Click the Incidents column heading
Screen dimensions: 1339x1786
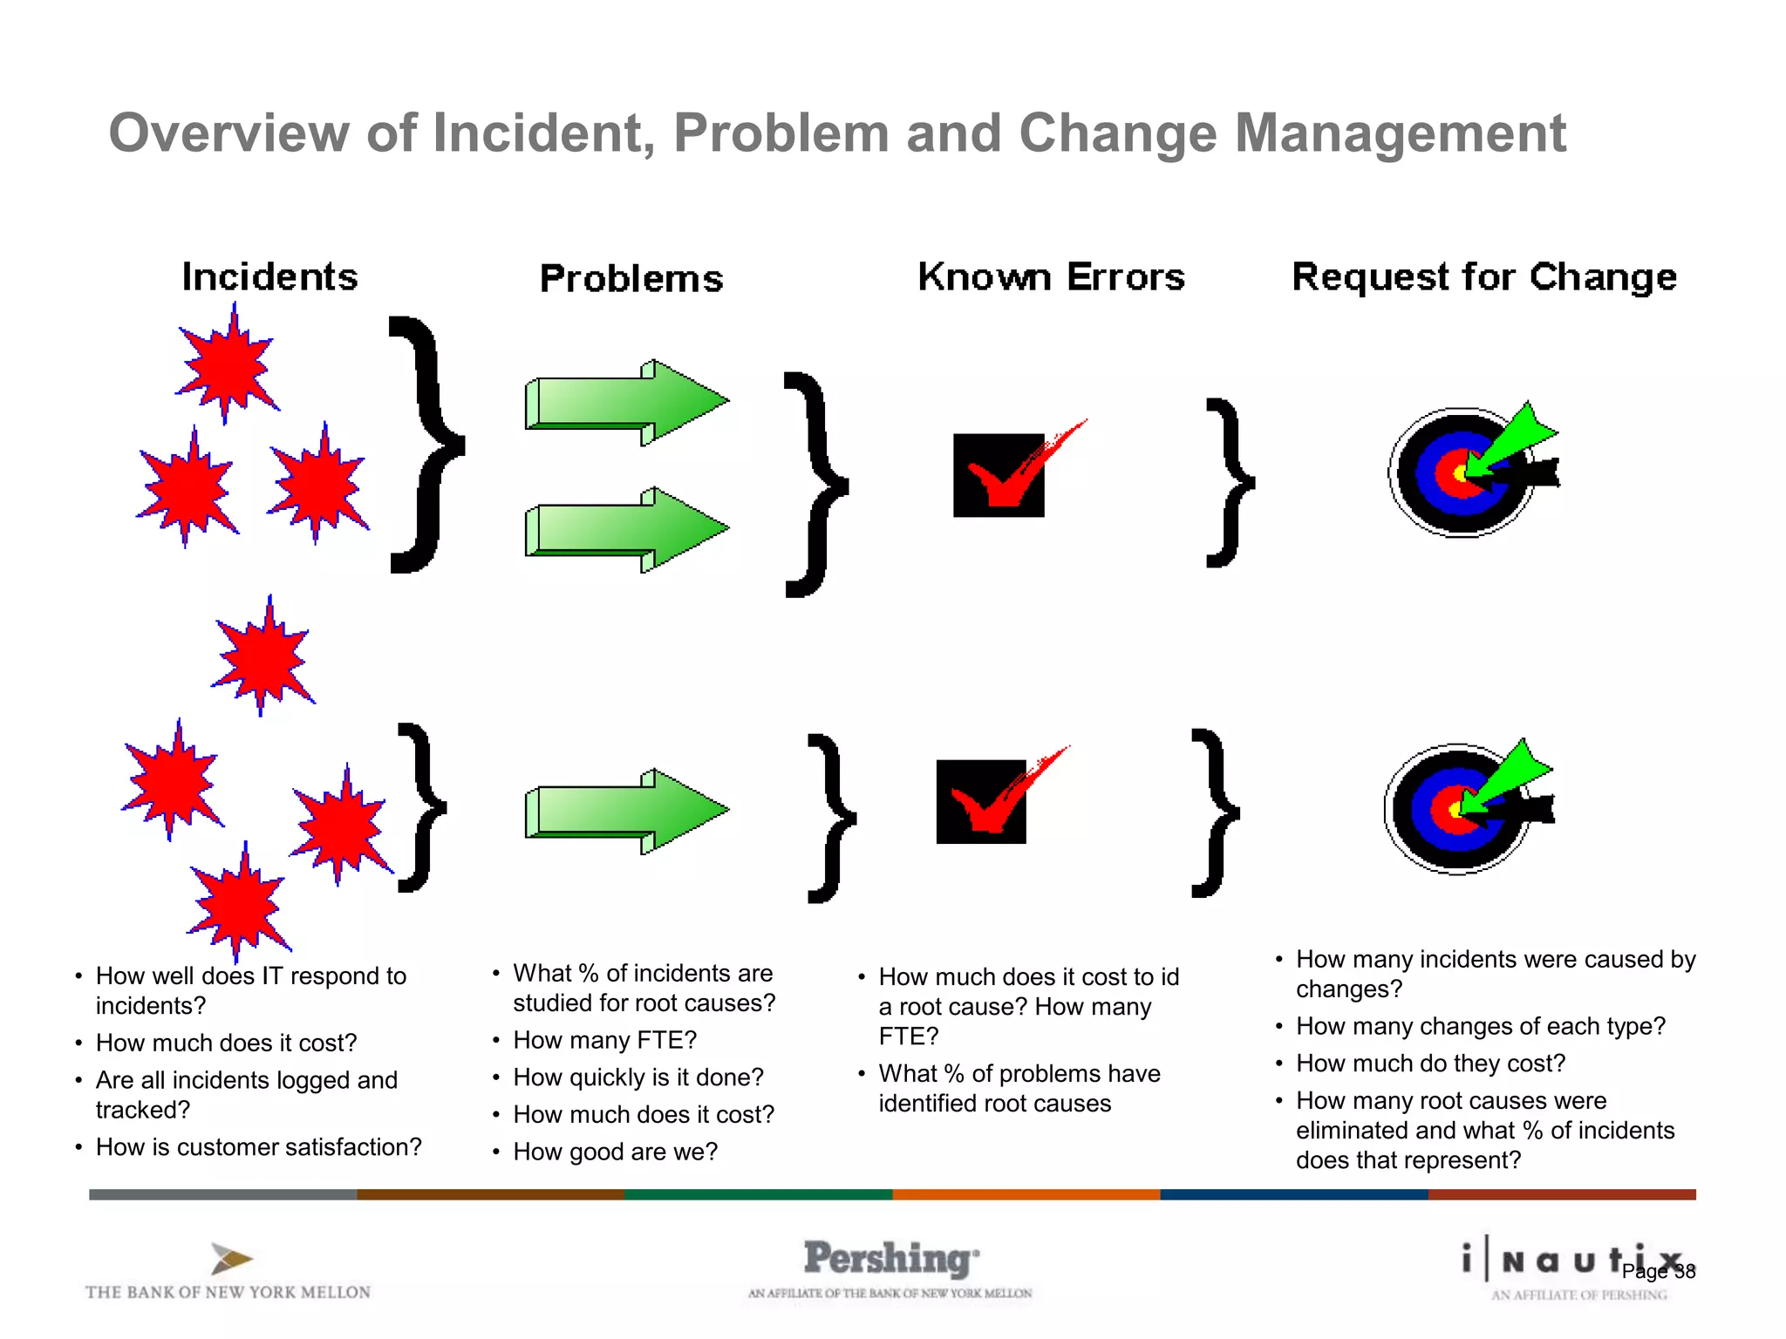click(269, 277)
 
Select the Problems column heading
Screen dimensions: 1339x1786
click(631, 279)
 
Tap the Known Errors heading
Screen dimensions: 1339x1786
click(1051, 277)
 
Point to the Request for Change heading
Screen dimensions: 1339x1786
click(1483, 277)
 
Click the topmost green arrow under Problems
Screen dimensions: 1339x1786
click(626, 402)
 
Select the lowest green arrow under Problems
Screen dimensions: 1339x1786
click(626, 811)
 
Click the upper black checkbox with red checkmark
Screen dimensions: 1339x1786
click(999, 475)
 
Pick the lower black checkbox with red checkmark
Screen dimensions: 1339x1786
click(982, 801)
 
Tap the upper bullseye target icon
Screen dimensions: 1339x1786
click(1462, 472)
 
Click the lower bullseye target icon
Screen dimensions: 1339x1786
click(1458, 809)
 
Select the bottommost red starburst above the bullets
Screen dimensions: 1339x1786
click(239, 905)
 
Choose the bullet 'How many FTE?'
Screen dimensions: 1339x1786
click(604, 1040)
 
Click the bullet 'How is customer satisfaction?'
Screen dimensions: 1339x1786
click(258, 1147)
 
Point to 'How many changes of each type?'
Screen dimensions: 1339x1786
click(1480, 1026)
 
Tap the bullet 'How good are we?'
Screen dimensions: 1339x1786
click(615, 1152)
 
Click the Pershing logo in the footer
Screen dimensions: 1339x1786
click(890, 1260)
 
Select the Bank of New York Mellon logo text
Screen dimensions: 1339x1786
click(228, 1292)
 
